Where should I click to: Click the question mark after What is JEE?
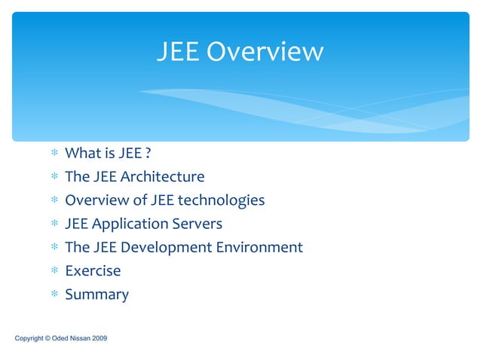pyautogui.click(x=148, y=154)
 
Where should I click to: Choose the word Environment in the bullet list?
pyautogui.click(x=260, y=247)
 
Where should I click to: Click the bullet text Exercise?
pyautogui.click(x=93, y=270)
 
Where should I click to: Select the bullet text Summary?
pyautogui.click(x=97, y=294)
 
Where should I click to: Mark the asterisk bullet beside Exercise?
pyautogui.click(x=54, y=271)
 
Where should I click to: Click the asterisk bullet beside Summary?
pyautogui.click(x=54, y=295)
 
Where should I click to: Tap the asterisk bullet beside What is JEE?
pyautogui.click(x=54, y=154)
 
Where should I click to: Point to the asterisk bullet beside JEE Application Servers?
pyautogui.click(x=54, y=224)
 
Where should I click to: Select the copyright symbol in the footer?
pyautogui.click(x=47, y=339)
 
